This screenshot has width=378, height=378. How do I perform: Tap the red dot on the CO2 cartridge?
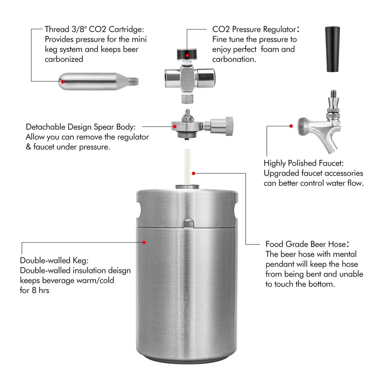tap(63, 80)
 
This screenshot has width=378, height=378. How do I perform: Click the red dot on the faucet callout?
tap(291, 126)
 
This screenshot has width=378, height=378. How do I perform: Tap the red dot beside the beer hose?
tap(194, 173)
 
